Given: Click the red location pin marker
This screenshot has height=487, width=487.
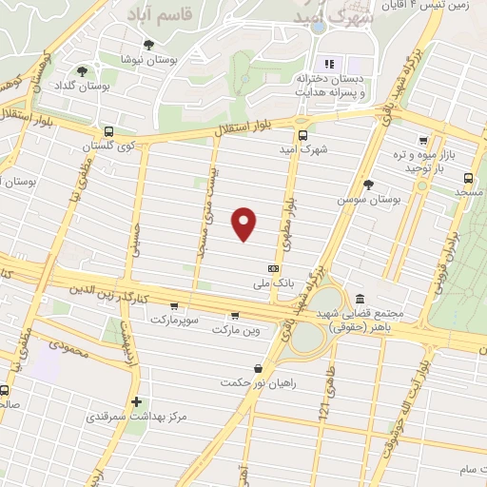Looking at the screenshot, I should pyautogui.click(x=245, y=223).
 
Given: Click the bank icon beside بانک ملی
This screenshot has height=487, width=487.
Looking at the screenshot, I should pyautogui.click(x=274, y=269).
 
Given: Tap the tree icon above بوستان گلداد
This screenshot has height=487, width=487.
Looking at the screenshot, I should pyautogui.click(x=83, y=70).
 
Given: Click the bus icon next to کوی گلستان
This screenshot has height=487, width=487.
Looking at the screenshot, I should pyautogui.click(x=108, y=132).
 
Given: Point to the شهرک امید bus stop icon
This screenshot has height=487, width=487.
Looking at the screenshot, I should pyautogui.click(x=303, y=135).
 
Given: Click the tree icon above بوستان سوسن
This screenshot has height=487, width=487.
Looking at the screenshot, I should pyautogui.click(x=369, y=185).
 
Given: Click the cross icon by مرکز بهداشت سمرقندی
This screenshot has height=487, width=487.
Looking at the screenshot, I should pyautogui.click(x=138, y=402).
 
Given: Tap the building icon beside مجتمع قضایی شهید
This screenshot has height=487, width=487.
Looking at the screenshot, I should pyautogui.click(x=359, y=299).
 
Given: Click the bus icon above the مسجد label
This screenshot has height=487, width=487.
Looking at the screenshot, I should pyautogui.click(x=468, y=177).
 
